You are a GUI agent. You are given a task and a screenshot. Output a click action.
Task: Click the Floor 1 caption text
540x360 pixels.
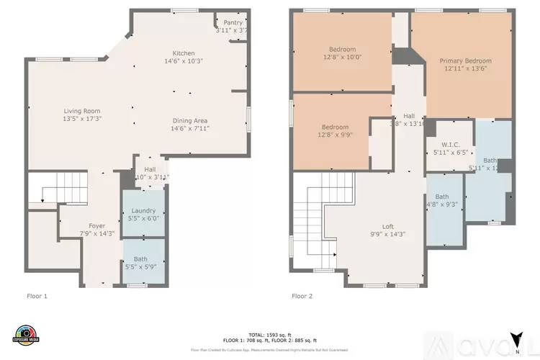pos(37,296)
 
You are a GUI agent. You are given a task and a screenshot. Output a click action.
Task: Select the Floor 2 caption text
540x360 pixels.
pos(302,296)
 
